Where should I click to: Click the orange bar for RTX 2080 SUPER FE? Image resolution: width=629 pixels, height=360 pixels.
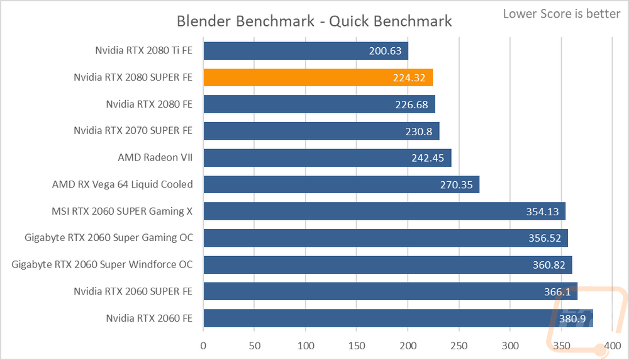[318, 77]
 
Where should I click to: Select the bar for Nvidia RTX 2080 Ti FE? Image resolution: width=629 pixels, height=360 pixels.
[306, 51]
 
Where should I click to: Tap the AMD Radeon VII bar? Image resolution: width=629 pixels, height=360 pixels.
[327, 158]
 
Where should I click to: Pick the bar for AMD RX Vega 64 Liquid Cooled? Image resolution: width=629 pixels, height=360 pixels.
[342, 184]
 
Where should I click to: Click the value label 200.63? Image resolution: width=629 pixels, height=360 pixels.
[385, 51]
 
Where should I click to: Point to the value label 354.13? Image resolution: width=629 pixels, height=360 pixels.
[542, 211]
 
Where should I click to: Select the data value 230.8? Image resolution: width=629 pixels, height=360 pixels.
[419, 132]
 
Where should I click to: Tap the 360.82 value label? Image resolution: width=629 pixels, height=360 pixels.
[548, 265]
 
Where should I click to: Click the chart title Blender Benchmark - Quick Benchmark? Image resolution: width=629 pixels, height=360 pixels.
[314, 21]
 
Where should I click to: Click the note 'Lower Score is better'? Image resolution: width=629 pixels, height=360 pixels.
[562, 14]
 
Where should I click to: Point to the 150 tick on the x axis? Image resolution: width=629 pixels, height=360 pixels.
[357, 346]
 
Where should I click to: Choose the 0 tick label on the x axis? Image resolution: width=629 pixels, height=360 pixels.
[203, 346]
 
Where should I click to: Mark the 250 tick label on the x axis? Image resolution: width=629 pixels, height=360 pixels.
[459, 346]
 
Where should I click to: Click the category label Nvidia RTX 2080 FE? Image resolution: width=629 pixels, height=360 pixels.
[149, 104]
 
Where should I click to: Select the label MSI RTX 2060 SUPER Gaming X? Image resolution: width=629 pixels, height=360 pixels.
[122, 211]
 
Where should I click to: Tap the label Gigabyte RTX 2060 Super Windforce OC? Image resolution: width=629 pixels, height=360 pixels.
[102, 264]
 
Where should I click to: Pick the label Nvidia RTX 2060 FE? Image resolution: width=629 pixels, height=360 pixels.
[149, 318]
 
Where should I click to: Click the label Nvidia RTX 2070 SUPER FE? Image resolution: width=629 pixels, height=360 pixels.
[133, 131]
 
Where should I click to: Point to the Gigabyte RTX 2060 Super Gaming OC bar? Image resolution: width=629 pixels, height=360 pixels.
[386, 238]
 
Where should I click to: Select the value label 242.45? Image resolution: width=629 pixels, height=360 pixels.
[428, 158]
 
